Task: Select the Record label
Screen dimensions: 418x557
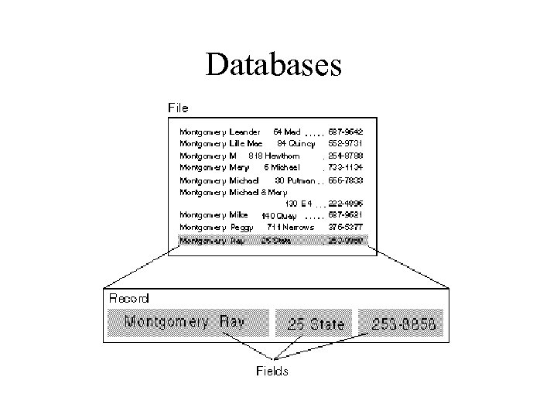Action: click(130, 297)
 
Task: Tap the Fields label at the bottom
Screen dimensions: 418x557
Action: click(272, 371)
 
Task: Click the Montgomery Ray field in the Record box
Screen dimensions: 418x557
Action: click(187, 321)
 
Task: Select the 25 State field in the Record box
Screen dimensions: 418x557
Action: click(316, 324)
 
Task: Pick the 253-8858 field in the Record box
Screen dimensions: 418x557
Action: click(402, 324)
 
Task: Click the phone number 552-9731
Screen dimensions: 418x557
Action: click(345, 143)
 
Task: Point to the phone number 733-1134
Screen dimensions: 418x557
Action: click(345, 167)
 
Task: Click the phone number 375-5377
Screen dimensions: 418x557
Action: click(345, 227)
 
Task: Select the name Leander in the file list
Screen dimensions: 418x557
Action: click(244, 132)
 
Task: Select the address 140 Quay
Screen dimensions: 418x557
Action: click(278, 215)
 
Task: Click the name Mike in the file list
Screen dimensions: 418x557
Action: click(238, 214)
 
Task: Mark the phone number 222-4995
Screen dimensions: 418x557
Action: click(345, 204)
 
